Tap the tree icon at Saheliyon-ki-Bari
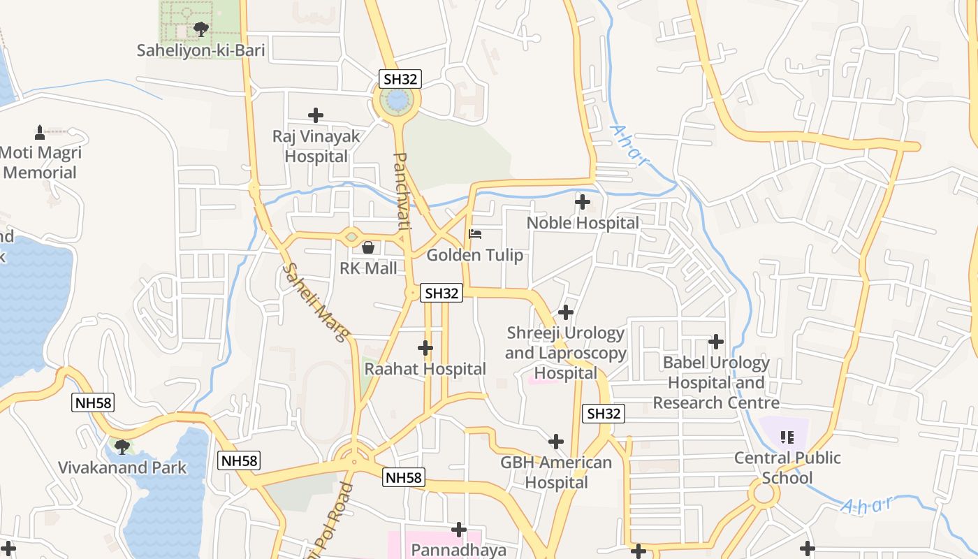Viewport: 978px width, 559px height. click(x=201, y=29)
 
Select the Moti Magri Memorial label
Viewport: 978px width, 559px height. click(x=41, y=163)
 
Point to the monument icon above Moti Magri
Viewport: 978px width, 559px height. click(x=40, y=131)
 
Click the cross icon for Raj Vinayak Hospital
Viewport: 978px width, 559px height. click(x=316, y=115)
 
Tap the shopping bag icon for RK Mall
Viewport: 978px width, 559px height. click(x=368, y=247)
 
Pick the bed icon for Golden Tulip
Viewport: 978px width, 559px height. click(x=475, y=233)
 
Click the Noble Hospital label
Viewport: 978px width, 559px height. click(x=583, y=223)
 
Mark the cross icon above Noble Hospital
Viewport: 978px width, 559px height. click(x=583, y=202)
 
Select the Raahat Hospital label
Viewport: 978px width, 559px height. click(x=425, y=369)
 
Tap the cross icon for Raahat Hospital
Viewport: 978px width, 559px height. click(x=425, y=347)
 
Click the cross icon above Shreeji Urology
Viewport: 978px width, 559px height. click(x=566, y=312)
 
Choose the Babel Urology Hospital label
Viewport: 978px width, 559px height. click(x=716, y=382)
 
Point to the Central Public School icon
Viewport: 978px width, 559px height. click(x=787, y=437)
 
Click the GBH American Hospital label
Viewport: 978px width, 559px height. click(x=556, y=472)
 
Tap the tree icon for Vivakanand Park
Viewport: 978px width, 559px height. click(x=122, y=447)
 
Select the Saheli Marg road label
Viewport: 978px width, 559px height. click(x=316, y=302)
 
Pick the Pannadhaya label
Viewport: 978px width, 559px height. click(x=458, y=550)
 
